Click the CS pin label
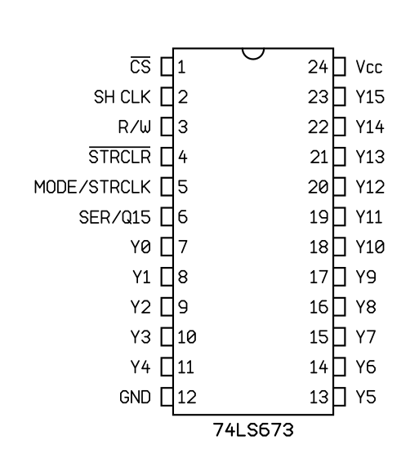[x=140, y=66]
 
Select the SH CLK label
[x=123, y=96]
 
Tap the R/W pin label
[x=135, y=127]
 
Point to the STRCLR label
[x=119, y=156]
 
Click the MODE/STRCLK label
[x=92, y=187]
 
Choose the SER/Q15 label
[x=115, y=217]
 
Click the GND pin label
[x=135, y=397]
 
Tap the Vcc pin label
[x=369, y=67]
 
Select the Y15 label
[x=370, y=96]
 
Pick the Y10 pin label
[x=370, y=247]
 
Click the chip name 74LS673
[x=253, y=430]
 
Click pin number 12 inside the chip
[x=187, y=397]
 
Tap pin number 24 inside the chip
[x=318, y=67]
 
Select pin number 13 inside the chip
[x=319, y=397]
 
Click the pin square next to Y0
[x=167, y=247]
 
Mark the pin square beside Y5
[x=339, y=397]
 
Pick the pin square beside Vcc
[x=339, y=66]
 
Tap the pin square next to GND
[x=167, y=397]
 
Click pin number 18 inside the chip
[x=319, y=247]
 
